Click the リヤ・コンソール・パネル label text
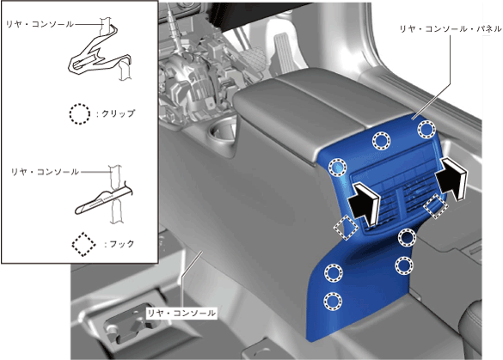pos(450,29)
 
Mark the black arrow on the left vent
pos(364,202)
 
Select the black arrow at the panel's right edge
pos(451,178)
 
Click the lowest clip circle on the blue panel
pos(333,301)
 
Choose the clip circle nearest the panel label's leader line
pos(426,129)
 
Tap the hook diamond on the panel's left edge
pos(346,227)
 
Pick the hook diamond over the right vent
pos(435,206)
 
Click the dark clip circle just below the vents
pos(407,237)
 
